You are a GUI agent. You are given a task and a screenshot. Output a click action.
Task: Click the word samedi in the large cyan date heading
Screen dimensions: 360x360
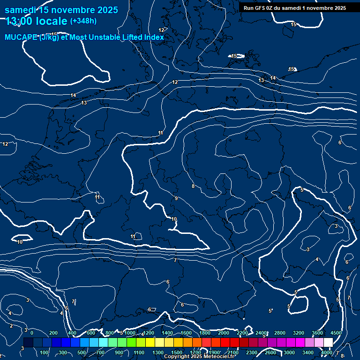coord(21,10)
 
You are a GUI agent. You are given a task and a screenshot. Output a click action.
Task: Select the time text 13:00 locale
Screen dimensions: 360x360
coord(37,21)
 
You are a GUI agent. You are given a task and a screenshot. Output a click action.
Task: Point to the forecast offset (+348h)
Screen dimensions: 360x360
coord(83,21)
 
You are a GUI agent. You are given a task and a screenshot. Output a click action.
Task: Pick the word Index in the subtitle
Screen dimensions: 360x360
coord(153,37)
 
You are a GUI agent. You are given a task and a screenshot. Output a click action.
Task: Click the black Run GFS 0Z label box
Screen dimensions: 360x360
coord(295,8)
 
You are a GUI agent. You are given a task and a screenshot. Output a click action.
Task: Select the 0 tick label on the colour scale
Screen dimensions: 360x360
coord(31,333)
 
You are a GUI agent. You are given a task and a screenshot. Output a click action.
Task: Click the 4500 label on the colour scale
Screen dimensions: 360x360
coord(336,333)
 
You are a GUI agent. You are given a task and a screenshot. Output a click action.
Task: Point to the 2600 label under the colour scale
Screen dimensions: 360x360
coord(270,352)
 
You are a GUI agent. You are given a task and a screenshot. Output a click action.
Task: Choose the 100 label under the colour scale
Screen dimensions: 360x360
coord(45,352)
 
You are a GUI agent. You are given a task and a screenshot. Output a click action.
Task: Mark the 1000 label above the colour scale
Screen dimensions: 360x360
coord(130,333)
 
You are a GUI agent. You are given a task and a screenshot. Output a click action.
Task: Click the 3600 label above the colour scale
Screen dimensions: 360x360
coord(317,333)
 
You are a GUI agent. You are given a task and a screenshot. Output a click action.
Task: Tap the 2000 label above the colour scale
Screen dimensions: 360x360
coord(224,333)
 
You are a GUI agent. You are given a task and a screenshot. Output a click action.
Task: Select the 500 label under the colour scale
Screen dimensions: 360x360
coord(82,352)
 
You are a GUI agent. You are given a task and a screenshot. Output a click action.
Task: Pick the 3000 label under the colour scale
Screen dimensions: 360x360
coord(289,352)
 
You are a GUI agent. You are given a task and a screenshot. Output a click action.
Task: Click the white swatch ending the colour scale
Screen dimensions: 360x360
coord(328,343)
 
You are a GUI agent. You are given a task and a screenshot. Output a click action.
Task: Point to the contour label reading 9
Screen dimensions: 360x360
coord(176,199)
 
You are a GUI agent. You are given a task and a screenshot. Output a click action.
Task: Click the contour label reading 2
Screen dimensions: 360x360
coord(11,326)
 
